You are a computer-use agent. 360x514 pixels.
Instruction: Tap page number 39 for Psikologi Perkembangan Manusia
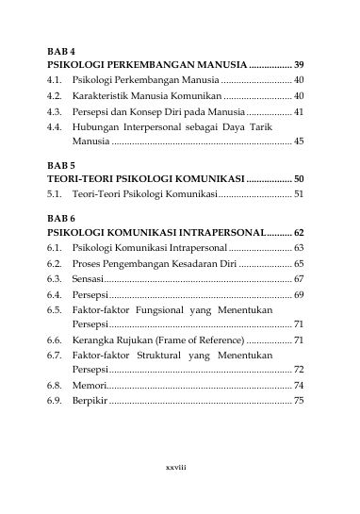click(x=299, y=65)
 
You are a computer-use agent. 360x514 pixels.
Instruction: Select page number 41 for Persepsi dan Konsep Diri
click(x=299, y=111)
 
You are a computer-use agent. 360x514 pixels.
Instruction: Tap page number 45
click(x=299, y=141)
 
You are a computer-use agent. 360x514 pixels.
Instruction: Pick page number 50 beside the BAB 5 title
click(x=299, y=178)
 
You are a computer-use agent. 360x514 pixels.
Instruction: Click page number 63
click(x=299, y=247)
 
